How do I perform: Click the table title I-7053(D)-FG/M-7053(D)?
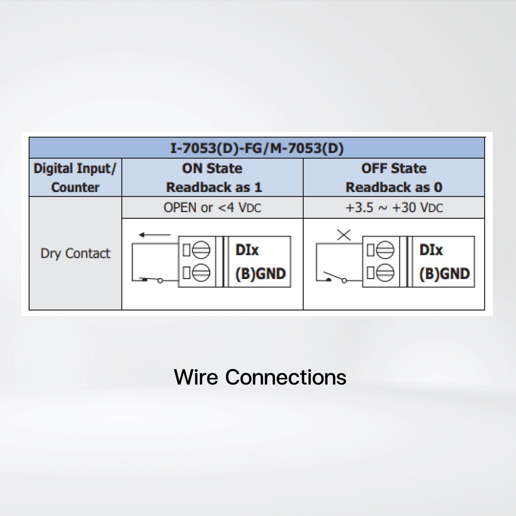[x=257, y=148]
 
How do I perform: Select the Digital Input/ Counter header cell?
[x=75, y=178]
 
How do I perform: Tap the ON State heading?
[x=212, y=169]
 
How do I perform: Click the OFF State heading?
[x=394, y=169]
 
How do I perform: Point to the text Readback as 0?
[x=394, y=187]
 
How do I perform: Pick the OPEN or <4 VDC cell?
[x=212, y=208]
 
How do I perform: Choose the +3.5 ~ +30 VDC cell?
[x=394, y=208]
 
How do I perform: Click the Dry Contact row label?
[x=75, y=253]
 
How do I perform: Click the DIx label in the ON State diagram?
[x=247, y=250]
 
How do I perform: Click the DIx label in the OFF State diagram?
[x=431, y=250]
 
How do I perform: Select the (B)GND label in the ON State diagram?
[x=260, y=274]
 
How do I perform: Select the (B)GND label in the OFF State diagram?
[x=444, y=274]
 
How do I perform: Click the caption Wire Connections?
[x=260, y=377]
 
